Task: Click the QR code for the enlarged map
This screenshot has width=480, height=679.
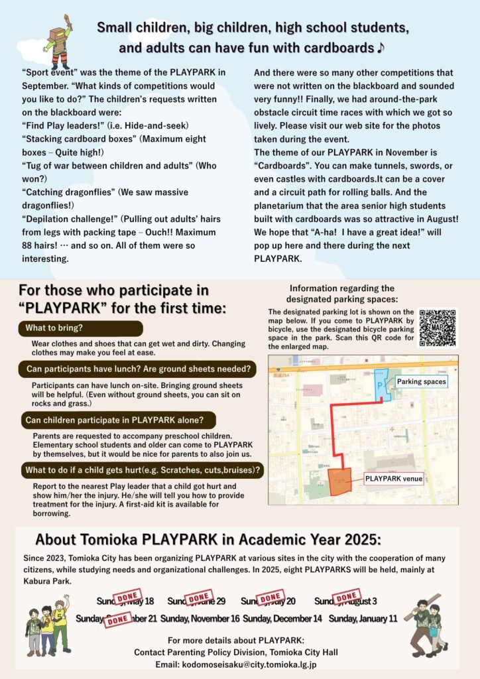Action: tap(438, 328)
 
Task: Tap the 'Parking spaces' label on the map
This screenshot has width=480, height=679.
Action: tap(421, 382)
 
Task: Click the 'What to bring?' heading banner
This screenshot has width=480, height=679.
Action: tap(80, 328)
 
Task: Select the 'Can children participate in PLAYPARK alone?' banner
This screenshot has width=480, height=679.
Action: tap(119, 420)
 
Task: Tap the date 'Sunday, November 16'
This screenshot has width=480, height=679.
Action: tap(200, 618)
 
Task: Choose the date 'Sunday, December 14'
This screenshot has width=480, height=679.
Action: tap(282, 618)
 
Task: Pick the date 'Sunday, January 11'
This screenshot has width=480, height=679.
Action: tap(363, 618)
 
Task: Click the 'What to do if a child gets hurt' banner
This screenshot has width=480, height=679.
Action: tap(141, 471)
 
